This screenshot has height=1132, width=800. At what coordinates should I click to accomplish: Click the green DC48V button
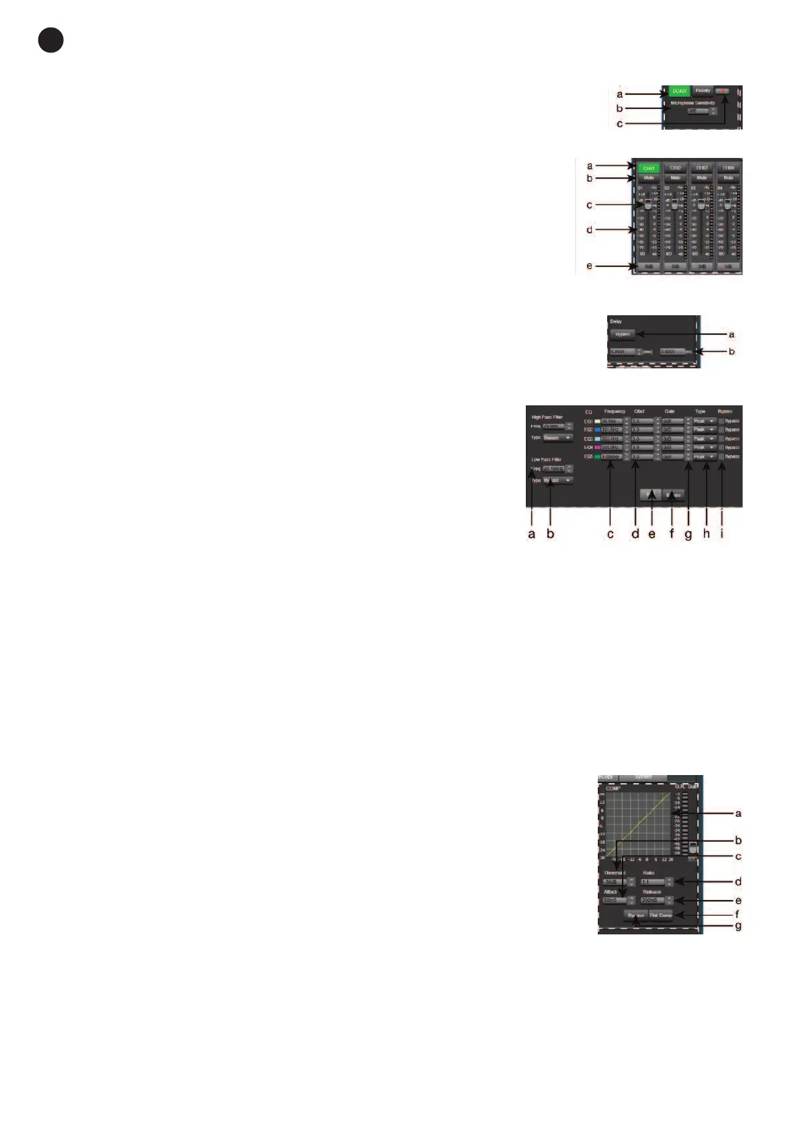(x=679, y=91)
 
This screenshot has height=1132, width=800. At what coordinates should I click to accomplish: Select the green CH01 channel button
(x=649, y=168)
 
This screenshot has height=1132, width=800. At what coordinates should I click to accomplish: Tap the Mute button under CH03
(x=702, y=177)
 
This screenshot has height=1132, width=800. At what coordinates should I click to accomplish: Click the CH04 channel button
(x=728, y=168)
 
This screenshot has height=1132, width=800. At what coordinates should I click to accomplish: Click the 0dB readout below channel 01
(x=649, y=266)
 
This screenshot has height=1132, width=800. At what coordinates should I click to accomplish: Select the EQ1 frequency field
(x=612, y=421)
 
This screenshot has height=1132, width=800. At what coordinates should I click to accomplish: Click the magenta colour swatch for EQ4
(x=597, y=448)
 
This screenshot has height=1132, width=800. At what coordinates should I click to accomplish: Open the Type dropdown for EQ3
(x=704, y=439)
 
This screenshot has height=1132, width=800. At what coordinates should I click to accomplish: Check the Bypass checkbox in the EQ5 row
(x=721, y=456)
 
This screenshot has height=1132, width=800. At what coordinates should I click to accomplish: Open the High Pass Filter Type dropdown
(x=558, y=438)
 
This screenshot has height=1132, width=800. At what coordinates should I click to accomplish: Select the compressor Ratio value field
(x=652, y=882)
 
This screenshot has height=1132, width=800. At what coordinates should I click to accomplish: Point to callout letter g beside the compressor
(x=738, y=926)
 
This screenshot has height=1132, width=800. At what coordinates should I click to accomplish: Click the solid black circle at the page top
(x=50, y=40)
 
